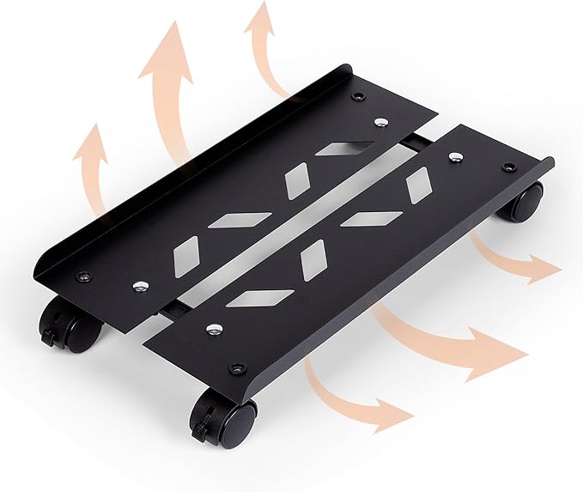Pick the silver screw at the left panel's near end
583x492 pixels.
click(x=138, y=283)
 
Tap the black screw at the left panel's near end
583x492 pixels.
click(x=83, y=276)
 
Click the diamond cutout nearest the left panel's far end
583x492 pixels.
click(x=337, y=149)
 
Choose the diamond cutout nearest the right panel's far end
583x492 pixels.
click(x=418, y=185)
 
